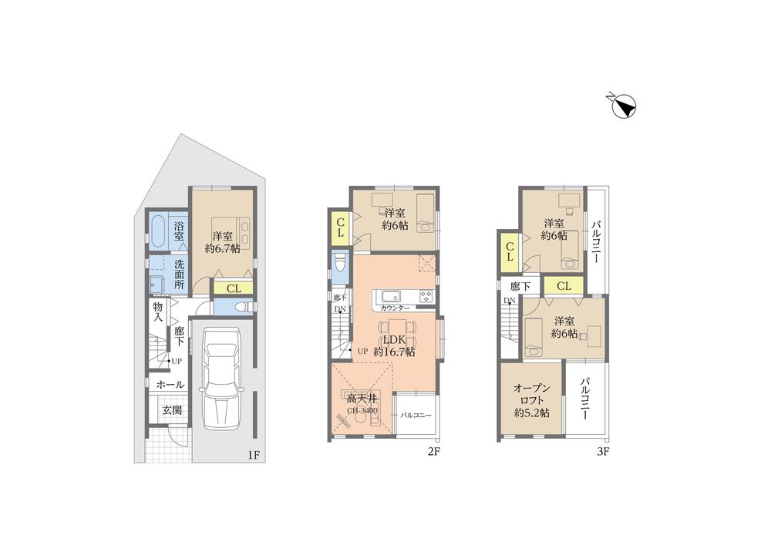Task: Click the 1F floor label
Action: (253, 454)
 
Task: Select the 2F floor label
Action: (433, 452)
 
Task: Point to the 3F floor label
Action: (602, 452)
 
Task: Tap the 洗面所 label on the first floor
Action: (179, 274)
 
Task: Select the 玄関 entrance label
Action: (172, 410)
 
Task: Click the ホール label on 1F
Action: (170, 384)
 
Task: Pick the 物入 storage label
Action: (158, 312)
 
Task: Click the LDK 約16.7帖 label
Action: (394, 345)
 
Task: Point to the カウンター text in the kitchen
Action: (394, 308)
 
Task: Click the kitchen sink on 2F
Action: (388, 296)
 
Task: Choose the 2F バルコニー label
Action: (415, 416)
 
